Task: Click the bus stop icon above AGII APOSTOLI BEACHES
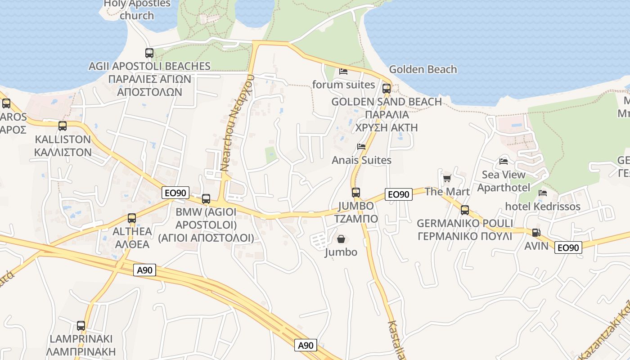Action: click(x=149, y=53)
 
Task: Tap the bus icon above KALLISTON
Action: click(x=63, y=126)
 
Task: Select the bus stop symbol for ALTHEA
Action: click(x=132, y=218)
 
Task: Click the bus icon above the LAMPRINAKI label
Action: click(x=81, y=325)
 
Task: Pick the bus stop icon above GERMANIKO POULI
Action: click(x=465, y=210)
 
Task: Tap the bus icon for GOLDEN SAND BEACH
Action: click(x=387, y=88)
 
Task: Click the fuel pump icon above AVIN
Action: click(x=536, y=233)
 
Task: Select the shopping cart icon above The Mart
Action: click(x=447, y=179)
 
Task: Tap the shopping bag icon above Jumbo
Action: click(x=341, y=239)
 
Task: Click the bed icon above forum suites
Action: click(x=343, y=72)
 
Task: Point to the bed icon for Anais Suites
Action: click(x=361, y=147)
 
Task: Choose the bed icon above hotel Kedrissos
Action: click(x=543, y=193)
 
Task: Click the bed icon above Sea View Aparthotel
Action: click(x=504, y=162)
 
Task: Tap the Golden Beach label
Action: click(x=423, y=69)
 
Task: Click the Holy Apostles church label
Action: click(x=137, y=9)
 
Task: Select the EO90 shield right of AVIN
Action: click(x=568, y=247)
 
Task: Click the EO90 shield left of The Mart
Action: click(x=399, y=194)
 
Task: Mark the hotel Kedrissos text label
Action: click(x=543, y=207)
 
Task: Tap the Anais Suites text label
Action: click(x=361, y=160)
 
